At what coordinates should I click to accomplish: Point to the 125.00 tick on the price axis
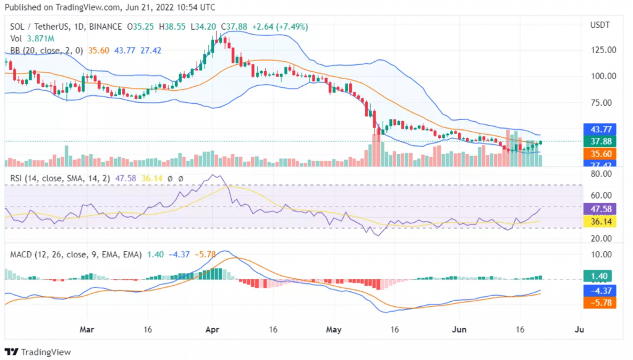tap(603, 49)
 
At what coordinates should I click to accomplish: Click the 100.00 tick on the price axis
tap(603, 76)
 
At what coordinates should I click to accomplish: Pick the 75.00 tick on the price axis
tap(603, 103)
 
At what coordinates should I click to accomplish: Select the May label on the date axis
tap(334, 330)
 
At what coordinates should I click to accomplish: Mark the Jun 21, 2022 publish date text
tap(130, 7)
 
